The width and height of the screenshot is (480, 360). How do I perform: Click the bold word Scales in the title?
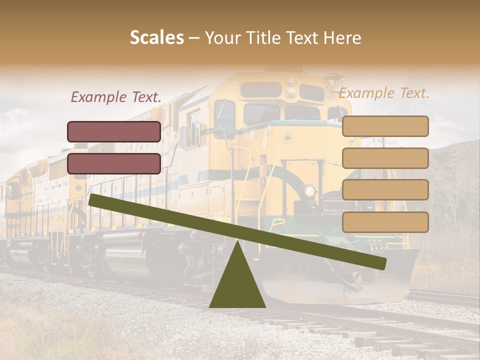(156, 38)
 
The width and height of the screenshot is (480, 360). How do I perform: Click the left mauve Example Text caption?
(116, 97)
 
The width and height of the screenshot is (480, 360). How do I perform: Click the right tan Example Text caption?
(384, 93)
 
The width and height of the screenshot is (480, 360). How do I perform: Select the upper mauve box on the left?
(114, 131)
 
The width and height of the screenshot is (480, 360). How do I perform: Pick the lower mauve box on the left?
(114, 163)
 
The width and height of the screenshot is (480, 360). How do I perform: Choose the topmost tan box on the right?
(385, 126)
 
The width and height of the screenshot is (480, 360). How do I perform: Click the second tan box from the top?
(385, 158)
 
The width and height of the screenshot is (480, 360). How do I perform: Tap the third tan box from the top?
(385, 190)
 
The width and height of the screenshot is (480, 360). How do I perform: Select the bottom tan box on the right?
(385, 222)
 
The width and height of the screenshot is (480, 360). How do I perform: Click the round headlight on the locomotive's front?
(309, 190)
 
